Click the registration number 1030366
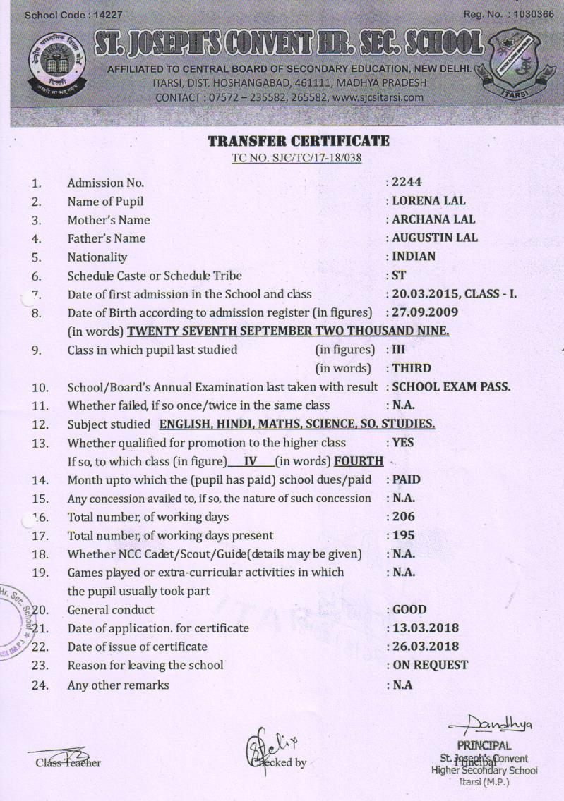click(x=534, y=14)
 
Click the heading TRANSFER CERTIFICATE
click(x=298, y=141)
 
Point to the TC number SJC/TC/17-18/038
click(x=296, y=157)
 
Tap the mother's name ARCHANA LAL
click(x=433, y=219)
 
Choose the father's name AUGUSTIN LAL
click(x=435, y=238)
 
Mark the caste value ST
click(x=399, y=275)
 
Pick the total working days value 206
click(x=404, y=517)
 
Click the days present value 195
click(x=404, y=535)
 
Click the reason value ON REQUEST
click(x=430, y=664)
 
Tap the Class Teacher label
click(x=68, y=762)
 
